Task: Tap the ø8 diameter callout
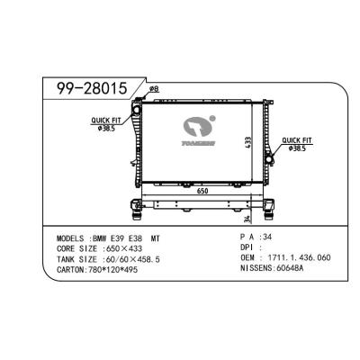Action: (x=154, y=88)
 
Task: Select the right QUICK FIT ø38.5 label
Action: (x=296, y=143)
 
